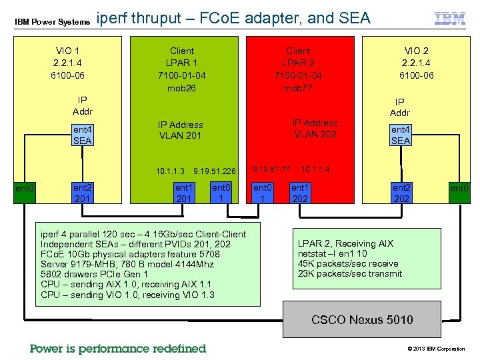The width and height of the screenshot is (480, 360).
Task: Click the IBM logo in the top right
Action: (450, 19)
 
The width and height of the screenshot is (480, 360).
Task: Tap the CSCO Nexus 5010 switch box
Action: (362, 319)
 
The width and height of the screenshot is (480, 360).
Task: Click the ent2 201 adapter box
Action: (82, 193)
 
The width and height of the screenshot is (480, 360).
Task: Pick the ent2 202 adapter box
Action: (401, 193)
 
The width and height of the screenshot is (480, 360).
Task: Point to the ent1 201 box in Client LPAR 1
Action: (184, 193)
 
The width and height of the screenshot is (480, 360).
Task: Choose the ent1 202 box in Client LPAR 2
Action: (301, 193)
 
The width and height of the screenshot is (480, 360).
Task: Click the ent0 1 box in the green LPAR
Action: (221, 193)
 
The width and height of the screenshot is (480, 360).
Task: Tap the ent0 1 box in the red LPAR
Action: (263, 193)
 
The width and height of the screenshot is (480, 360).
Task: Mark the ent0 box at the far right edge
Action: (459, 190)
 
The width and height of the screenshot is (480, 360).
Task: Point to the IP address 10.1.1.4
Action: (315, 169)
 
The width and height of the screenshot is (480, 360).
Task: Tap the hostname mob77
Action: (297, 88)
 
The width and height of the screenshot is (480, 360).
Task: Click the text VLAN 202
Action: (315, 134)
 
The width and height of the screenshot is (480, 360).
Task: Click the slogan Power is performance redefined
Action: (118, 348)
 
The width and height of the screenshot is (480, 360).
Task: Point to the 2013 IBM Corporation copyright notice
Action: (436, 349)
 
